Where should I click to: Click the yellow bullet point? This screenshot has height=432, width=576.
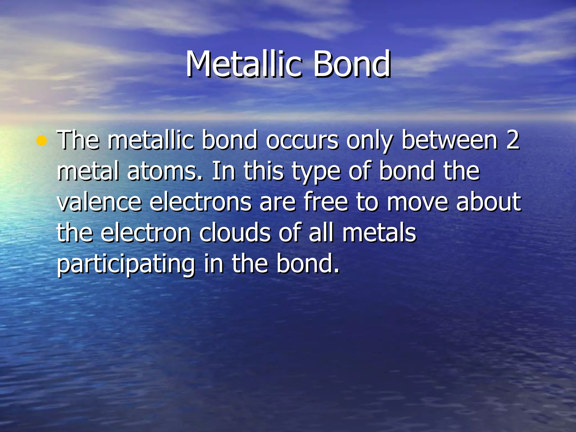coord(41,141)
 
